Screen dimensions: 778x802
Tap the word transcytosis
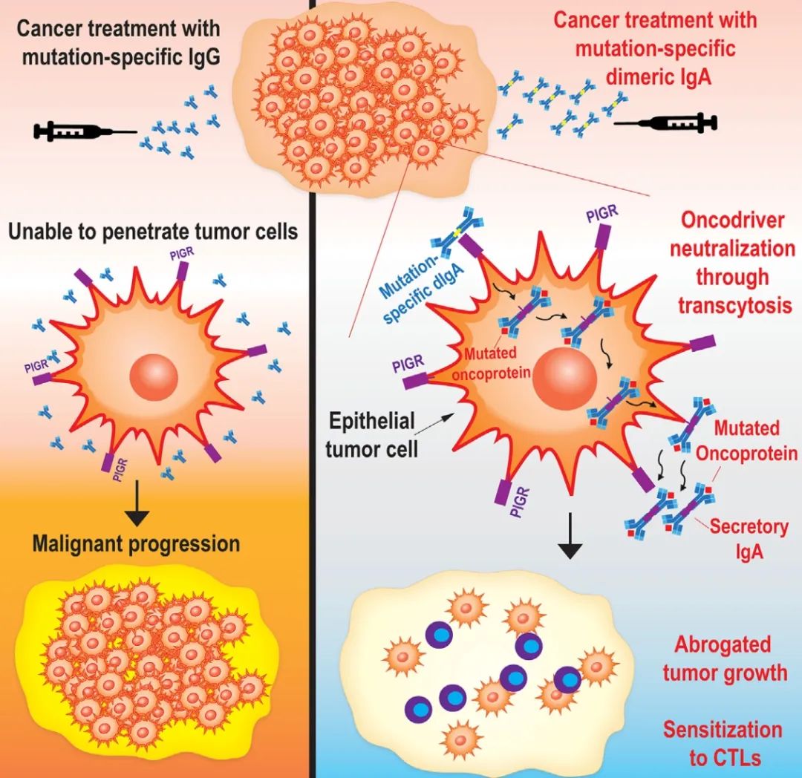(x=732, y=305)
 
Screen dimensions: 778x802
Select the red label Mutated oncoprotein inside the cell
(x=492, y=363)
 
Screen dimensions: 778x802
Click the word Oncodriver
(x=732, y=220)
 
